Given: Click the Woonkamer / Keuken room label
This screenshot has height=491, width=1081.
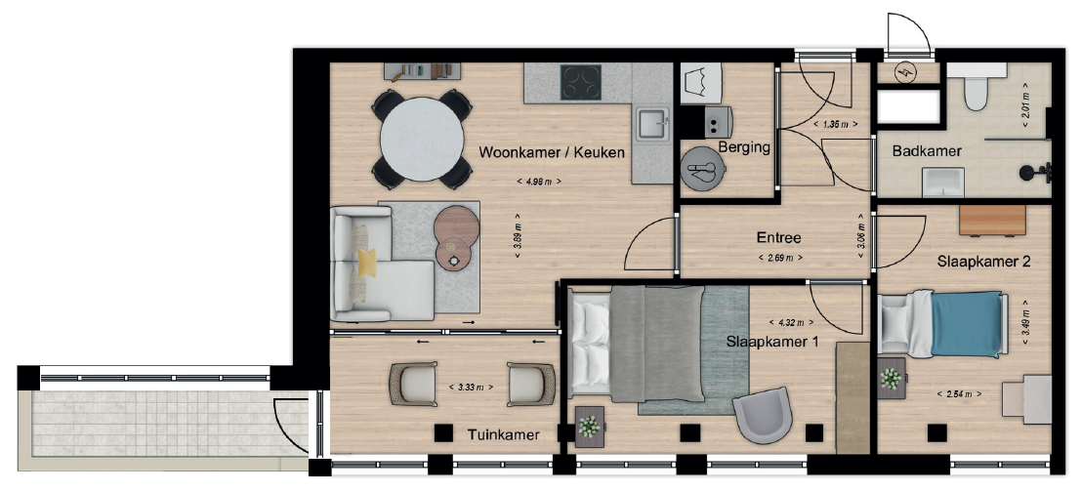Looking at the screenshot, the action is coord(552,152).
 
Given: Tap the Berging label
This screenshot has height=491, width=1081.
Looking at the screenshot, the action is coord(744,147).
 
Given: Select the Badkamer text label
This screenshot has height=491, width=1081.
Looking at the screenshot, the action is coord(927,151).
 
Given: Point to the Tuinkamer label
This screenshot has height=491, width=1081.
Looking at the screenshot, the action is coord(503,434).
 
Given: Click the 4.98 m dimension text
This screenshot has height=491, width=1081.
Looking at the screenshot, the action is coord(538,182).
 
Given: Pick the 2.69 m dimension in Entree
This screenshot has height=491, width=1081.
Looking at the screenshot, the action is coord(779,258).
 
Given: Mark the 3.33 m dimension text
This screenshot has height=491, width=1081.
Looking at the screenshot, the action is coord(471,387).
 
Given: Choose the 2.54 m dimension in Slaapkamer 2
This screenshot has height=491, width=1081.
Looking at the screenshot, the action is coord(959,393).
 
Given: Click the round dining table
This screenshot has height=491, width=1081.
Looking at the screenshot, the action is coord(421,138).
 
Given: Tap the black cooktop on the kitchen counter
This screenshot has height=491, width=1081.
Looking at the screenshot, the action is coord(580,82).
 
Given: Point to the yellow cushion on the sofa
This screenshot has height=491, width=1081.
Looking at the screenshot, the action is coord(366,264).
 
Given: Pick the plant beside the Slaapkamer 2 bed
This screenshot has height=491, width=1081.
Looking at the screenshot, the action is coord(891,379).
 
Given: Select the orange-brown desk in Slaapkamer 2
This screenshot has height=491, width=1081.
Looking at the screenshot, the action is coord(992,221).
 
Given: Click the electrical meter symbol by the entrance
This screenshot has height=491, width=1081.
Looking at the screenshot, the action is coord(904,71).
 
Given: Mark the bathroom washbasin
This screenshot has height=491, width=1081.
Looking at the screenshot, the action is coord(941,183).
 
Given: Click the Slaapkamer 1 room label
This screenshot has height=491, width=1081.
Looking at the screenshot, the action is coord(772,341).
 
